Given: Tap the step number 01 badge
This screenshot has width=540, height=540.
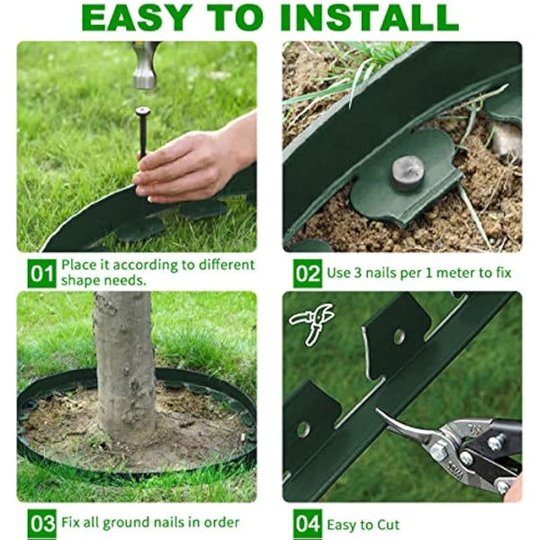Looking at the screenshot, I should coord(40,273).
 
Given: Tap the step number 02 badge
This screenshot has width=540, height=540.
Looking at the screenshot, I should coord(307,273).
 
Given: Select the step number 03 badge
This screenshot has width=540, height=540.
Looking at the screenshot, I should coord(40,522).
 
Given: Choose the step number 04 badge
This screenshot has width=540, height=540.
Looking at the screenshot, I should coord(307,522).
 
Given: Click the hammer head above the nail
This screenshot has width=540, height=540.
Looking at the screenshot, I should coord(145,67).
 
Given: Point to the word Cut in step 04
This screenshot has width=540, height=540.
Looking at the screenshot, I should coord(384,523).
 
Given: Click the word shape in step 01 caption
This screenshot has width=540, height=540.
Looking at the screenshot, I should coord(80,280).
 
